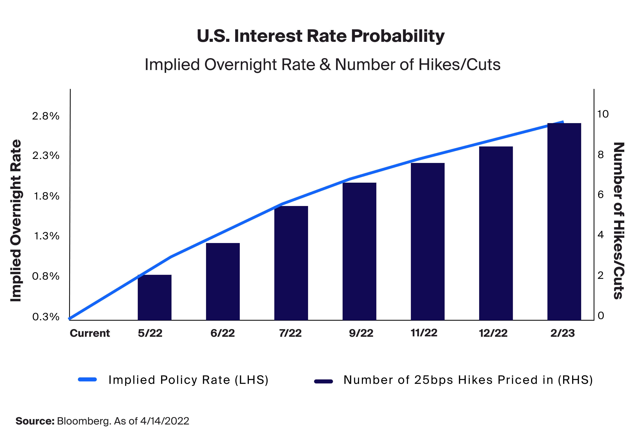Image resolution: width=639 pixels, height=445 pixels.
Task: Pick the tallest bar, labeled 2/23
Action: (x=564, y=222)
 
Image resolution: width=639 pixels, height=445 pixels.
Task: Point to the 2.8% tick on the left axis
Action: (x=46, y=116)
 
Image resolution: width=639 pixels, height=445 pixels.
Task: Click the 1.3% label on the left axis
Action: (x=46, y=236)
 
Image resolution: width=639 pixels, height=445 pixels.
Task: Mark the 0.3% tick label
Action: (x=46, y=317)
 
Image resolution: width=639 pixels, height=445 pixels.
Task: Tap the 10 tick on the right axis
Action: (x=603, y=114)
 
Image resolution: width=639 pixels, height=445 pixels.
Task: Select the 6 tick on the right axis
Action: (x=601, y=195)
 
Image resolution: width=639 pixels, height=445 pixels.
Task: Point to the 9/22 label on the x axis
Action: (x=361, y=333)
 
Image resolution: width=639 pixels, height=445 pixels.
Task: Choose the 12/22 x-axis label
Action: (x=493, y=333)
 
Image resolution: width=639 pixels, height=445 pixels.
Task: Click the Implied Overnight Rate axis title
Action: (x=16, y=220)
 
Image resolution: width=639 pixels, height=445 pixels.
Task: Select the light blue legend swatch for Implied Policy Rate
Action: (x=87, y=379)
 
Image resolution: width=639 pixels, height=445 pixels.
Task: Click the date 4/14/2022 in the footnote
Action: (x=164, y=421)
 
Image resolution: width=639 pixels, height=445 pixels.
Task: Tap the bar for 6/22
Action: (x=223, y=282)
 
